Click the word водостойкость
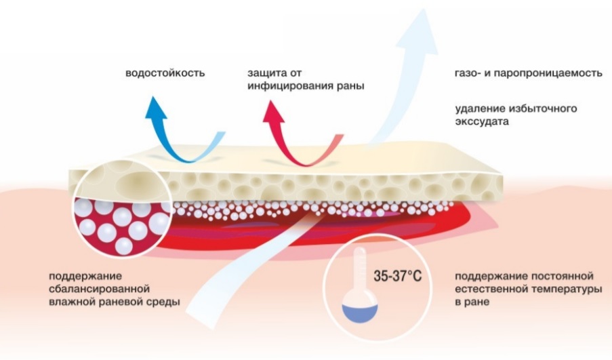(x=165, y=72)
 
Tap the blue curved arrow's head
(x=155, y=106)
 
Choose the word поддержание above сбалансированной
(x=81, y=276)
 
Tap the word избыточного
(x=554, y=109)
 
